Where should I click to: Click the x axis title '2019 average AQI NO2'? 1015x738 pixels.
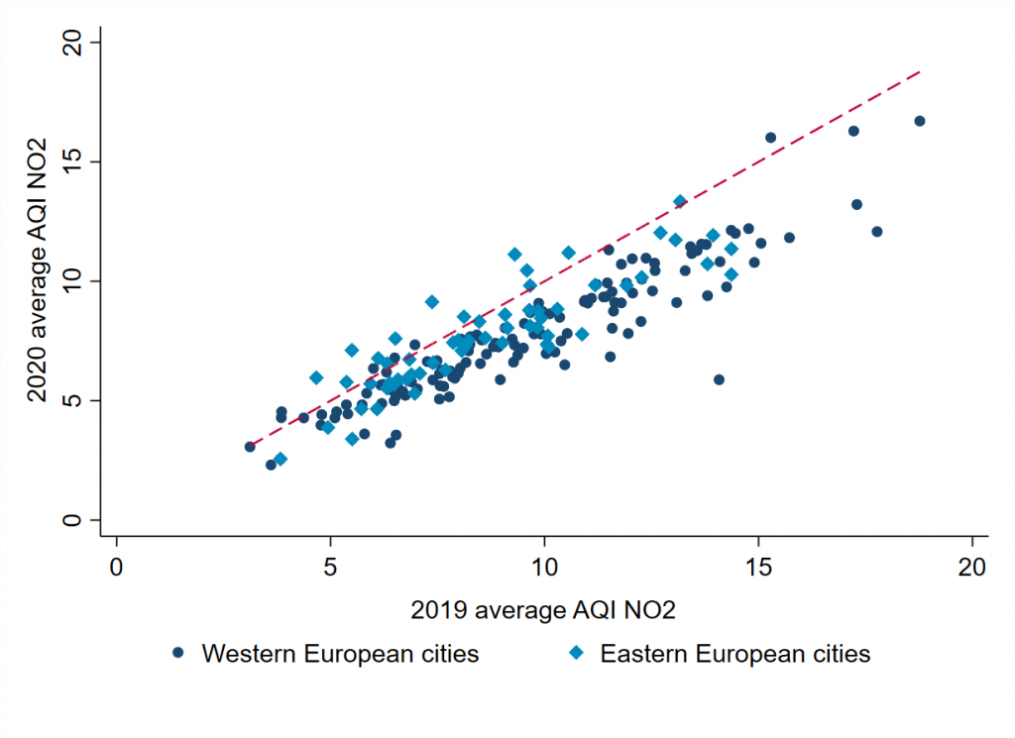[544, 610]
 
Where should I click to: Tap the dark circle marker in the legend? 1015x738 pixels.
[178, 654]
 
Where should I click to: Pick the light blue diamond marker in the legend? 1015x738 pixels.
[578, 654]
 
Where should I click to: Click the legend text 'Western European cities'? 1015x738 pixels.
[340, 654]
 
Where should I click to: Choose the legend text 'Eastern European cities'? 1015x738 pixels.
[735, 654]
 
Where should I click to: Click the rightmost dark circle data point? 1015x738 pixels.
[920, 121]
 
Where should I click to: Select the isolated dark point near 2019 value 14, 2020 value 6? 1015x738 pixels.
[719, 379]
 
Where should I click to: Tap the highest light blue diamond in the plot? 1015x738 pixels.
[680, 201]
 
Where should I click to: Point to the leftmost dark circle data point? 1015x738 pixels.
[250, 447]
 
